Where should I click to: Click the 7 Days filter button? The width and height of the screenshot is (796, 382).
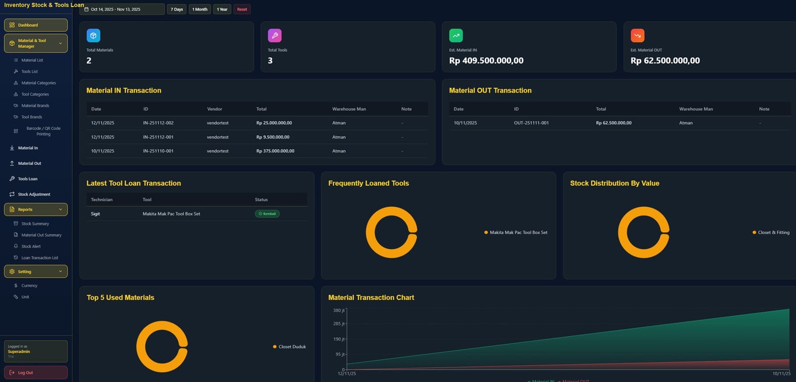[x=177, y=9]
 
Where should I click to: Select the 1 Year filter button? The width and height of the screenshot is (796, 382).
[x=222, y=9]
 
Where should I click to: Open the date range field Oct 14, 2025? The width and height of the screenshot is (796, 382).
[x=122, y=9]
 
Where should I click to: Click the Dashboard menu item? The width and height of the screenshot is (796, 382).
[x=36, y=25]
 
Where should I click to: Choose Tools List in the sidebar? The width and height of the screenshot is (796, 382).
[x=29, y=72]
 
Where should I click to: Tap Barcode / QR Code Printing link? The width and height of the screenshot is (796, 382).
[x=43, y=131]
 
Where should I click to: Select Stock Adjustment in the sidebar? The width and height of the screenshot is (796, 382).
[x=34, y=194]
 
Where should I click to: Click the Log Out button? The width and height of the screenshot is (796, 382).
[x=36, y=373]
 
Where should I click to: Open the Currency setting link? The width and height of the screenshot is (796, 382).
[x=29, y=286]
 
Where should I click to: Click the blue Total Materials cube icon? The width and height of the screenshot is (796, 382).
[x=93, y=36]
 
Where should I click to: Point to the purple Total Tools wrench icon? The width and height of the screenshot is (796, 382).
[x=274, y=36]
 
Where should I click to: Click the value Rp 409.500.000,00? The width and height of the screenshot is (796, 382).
[x=486, y=61]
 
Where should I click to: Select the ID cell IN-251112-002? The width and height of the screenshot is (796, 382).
[x=158, y=123]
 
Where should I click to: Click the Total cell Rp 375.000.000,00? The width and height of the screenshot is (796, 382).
[x=275, y=151]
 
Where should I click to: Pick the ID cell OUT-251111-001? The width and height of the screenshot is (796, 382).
[x=531, y=123]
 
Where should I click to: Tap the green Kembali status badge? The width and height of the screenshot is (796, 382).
[x=267, y=214]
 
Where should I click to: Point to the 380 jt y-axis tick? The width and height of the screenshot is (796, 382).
[x=339, y=310]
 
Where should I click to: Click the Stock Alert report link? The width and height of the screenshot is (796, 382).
[x=31, y=246]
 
